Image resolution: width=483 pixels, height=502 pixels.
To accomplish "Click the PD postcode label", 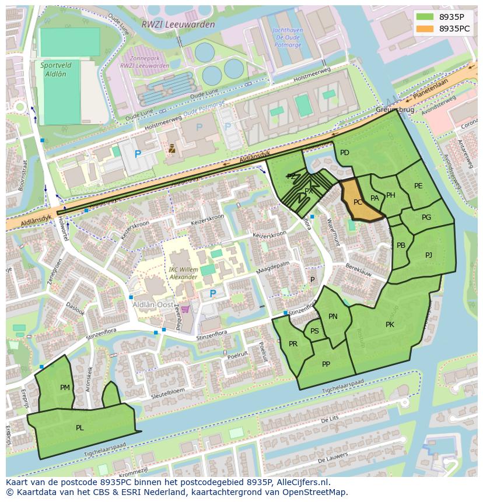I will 345,153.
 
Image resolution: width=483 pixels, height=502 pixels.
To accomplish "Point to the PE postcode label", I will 418,186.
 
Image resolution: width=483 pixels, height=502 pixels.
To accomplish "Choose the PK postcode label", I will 390,325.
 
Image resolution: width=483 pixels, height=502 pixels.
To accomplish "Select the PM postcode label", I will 65,387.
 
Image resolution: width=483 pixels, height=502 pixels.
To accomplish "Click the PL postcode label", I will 79,427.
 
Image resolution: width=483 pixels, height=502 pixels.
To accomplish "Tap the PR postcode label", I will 293,344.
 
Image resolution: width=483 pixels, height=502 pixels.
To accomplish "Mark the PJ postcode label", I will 429,255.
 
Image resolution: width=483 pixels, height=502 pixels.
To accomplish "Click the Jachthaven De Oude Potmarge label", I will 286,39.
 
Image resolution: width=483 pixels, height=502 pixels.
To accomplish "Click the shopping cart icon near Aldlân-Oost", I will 185,309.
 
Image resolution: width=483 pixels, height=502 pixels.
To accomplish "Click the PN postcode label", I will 332,317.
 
